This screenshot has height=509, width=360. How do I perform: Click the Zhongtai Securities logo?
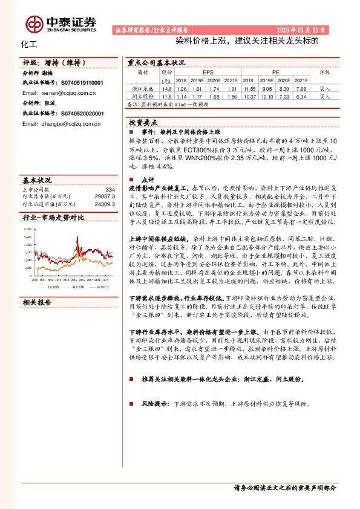coord(61,24)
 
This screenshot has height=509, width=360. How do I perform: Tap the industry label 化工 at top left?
coord(29,44)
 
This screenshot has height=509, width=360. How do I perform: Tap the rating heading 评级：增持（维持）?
coord(57,62)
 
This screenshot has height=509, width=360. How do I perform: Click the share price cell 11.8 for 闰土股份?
coord(167,96)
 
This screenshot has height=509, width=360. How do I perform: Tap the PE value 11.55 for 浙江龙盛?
coord(247,88)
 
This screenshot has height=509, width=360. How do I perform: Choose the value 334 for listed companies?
coord(110,189)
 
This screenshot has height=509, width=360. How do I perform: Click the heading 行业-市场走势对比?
coord(53,218)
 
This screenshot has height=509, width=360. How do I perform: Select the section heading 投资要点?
coord(143,122)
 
